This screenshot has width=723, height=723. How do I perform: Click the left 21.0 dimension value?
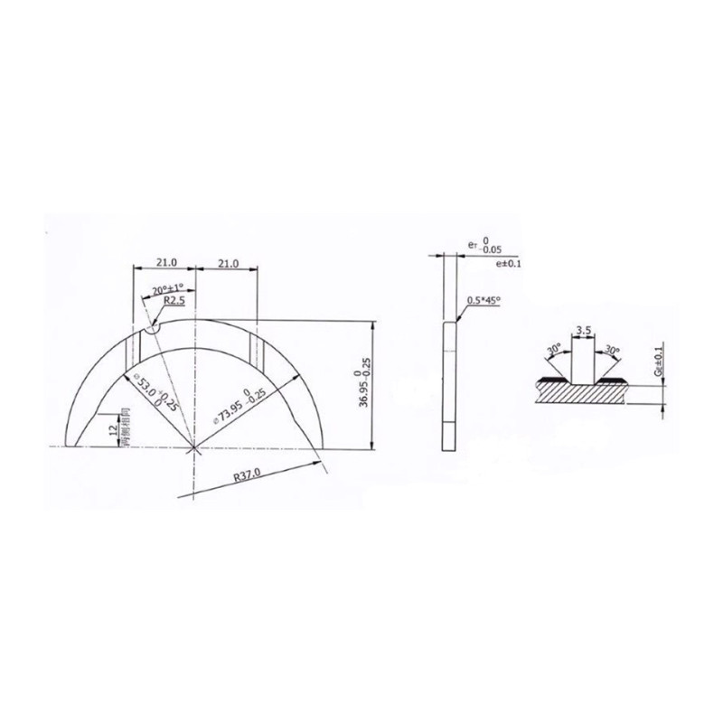(164, 262)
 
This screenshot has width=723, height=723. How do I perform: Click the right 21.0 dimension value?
(227, 262)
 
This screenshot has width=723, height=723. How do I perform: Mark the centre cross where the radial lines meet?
(194, 448)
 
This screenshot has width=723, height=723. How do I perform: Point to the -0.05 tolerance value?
(492, 249)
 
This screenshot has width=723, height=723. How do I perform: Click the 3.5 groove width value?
(582, 332)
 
